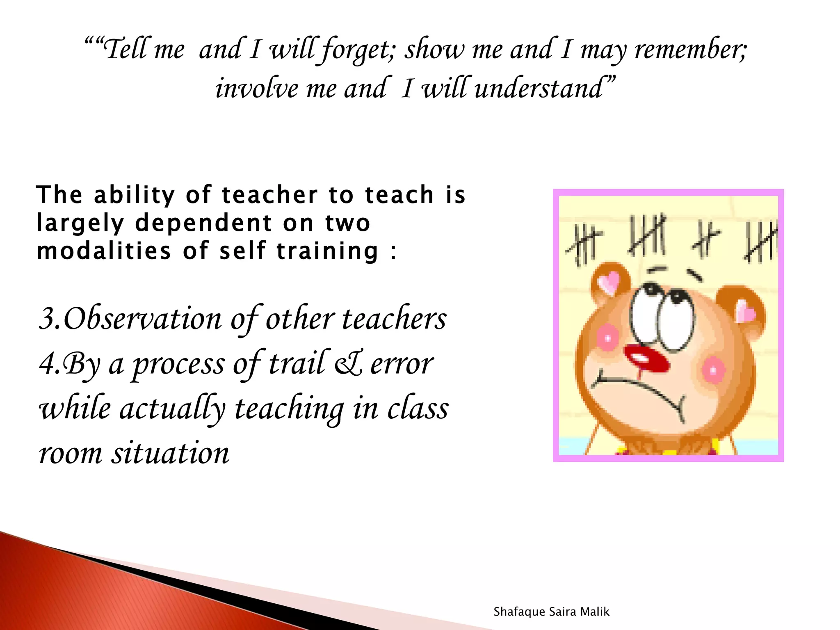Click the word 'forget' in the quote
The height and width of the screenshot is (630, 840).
[357, 50]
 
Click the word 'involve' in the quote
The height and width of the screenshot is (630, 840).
[256, 88]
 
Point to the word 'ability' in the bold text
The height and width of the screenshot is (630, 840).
[135, 195]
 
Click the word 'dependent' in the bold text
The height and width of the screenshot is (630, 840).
[203, 224]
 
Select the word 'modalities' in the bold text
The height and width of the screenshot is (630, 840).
[104, 251]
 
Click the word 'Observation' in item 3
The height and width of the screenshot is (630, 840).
[142, 319]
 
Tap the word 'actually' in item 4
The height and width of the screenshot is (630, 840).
[172, 409]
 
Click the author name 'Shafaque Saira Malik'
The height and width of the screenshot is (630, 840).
[551, 612]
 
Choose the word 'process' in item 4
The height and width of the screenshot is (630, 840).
[178, 364]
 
